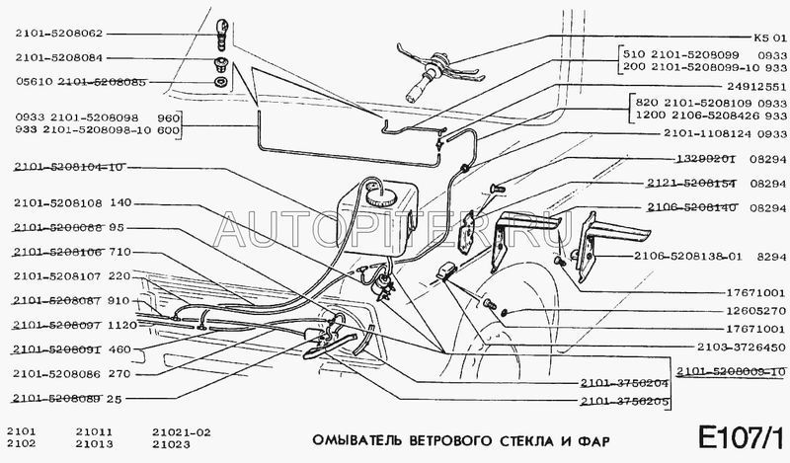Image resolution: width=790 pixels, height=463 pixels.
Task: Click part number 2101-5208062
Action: click(x=59, y=31)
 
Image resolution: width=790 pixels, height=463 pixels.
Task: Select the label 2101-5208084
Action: click(x=59, y=58)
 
